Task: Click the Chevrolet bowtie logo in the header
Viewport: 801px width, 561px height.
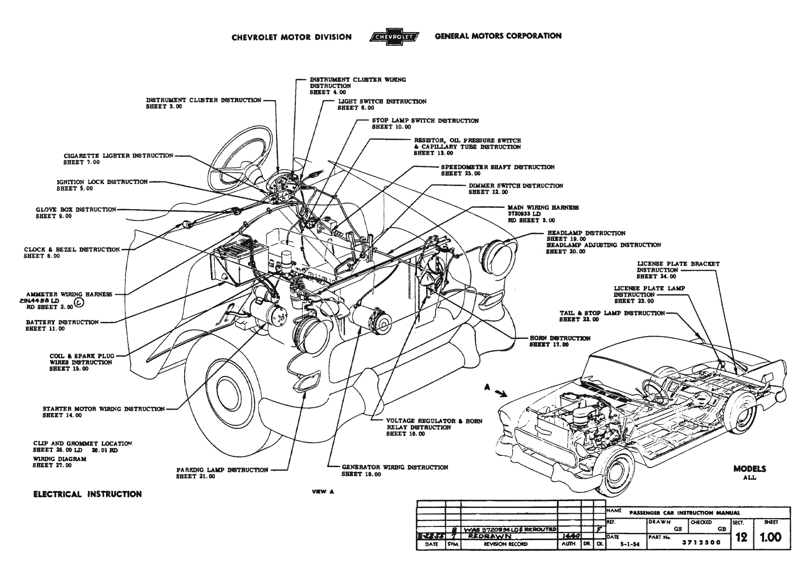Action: [393, 36]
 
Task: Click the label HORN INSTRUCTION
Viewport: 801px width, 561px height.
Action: [560, 338]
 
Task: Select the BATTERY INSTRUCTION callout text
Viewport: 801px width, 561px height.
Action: [62, 322]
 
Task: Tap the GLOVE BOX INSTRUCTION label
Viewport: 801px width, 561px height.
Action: [76, 210]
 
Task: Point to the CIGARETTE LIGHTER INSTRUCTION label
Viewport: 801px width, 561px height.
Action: [118, 156]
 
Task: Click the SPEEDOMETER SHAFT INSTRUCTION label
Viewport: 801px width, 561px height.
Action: [498, 167]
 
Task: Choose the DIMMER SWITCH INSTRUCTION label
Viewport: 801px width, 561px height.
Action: [516, 186]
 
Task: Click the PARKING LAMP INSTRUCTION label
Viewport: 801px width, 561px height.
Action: [222, 470]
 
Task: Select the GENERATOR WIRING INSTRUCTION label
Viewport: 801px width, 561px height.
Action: [395, 467]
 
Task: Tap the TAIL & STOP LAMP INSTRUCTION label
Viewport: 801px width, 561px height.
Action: [612, 313]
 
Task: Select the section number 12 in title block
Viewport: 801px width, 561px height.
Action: [742, 537]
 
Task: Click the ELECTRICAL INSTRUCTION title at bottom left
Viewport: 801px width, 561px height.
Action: [87, 494]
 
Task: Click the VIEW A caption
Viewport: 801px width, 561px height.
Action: [323, 491]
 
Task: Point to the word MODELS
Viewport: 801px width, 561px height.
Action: [749, 469]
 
